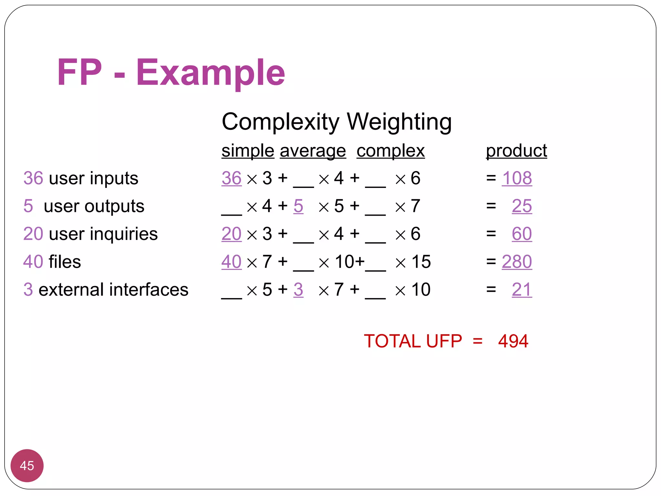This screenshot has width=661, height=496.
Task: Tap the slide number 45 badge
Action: [x=27, y=465]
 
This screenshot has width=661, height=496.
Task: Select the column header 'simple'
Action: [x=248, y=151]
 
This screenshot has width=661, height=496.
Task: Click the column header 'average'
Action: [x=313, y=151]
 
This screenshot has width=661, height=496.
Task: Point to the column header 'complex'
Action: [x=391, y=151]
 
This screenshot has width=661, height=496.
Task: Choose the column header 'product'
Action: [x=516, y=151]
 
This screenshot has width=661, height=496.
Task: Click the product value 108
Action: [x=517, y=178]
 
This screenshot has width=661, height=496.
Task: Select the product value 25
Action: [x=522, y=206]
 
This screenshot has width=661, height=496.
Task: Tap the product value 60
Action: [x=522, y=234]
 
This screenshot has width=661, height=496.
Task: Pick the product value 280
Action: [x=517, y=262]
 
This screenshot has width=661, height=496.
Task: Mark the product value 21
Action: [x=522, y=289]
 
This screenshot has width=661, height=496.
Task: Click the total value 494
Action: [x=513, y=341]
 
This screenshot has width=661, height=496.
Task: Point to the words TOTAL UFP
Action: [x=413, y=341]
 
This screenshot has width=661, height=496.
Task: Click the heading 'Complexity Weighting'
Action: [x=337, y=122]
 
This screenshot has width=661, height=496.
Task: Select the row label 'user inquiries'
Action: [x=103, y=234]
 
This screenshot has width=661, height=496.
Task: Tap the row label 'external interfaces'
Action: [x=113, y=289]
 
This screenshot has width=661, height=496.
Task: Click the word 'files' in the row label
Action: [x=65, y=262]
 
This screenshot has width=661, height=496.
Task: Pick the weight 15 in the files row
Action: [x=421, y=262]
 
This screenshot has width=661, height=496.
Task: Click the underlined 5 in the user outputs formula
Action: [x=298, y=206]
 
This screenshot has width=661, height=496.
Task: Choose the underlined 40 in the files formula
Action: [x=231, y=262]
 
